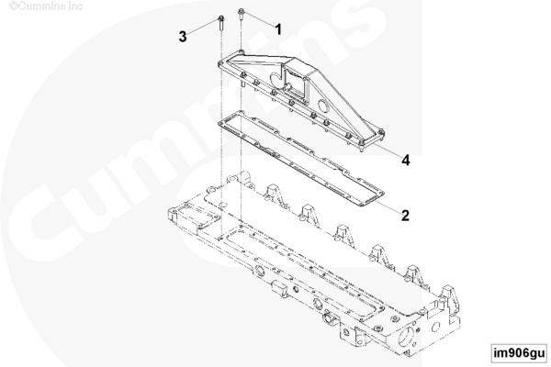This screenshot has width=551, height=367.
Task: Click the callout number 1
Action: click(278, 29)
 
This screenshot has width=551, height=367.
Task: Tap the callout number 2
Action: click(405, 216)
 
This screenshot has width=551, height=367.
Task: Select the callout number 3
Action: click(183, 37)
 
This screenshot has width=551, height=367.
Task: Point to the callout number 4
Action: click(406, 161)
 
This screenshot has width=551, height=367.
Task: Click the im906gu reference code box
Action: click(519, 352)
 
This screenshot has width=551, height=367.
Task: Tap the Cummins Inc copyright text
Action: click(46, 6)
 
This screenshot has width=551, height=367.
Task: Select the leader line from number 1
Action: click(259, 19)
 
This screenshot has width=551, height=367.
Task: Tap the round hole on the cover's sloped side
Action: click(322, 105)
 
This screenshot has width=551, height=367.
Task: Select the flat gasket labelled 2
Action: click(301, 159)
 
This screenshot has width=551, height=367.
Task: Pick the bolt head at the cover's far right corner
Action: click(381, 132)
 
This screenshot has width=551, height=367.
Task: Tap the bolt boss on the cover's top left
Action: click(241, 52)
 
